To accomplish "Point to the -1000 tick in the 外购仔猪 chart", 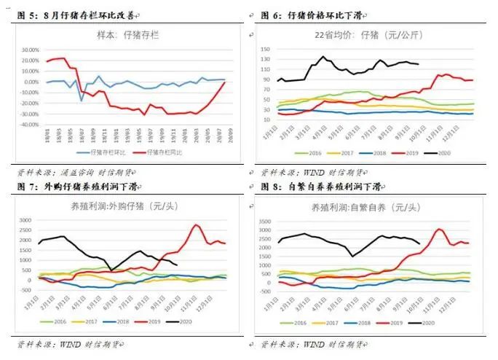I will click(x=27, y=304).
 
